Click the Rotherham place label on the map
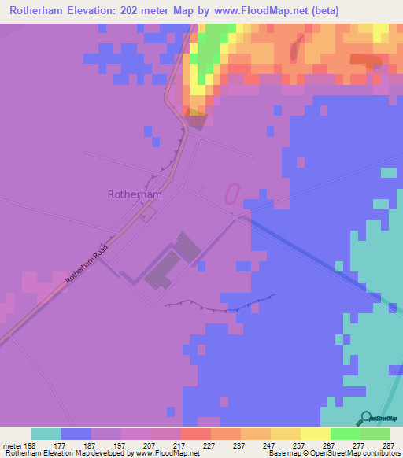(x=135, y=194)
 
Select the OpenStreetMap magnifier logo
(x=366, y=418)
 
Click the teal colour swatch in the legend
(x=46, y=434)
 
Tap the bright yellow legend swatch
(x=315, y=434)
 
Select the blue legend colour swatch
(x=76, y=434)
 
